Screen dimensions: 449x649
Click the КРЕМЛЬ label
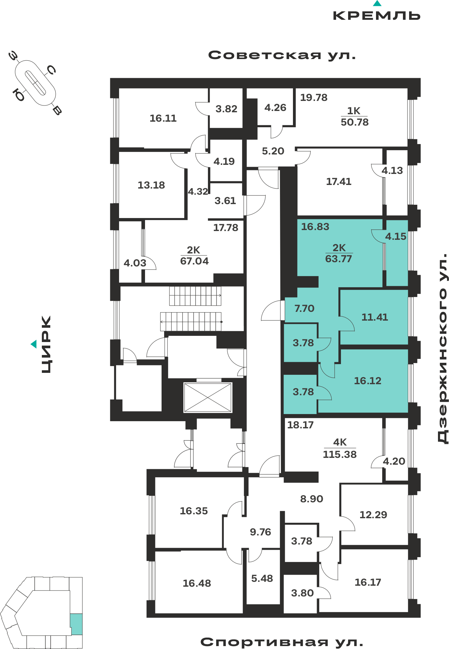[x=377, y=16]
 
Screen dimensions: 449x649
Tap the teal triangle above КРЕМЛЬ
[x=377, y=3]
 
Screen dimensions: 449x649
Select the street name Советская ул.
[x=282, y=55]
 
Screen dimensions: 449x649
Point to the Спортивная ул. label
[x=282, y=642]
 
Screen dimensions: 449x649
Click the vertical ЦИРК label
[x=46, y=344]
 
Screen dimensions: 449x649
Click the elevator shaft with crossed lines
[x=208, y=397]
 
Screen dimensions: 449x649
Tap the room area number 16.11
[x=163, y=118]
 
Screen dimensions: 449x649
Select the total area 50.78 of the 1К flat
[x=355, y=122]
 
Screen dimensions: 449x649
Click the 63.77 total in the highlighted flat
[x=338, y=259]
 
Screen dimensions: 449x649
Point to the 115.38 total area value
[x=340, y=454]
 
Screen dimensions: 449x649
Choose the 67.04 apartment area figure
[x=194, y=261]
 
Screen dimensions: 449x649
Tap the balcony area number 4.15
[x=395, y=237]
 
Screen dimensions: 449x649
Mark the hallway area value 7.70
[x=304, y=308]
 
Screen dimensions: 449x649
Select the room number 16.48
[x=197, y=583]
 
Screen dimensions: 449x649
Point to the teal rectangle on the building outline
[x=77, y=624]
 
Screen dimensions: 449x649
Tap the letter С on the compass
[x=52, y=69]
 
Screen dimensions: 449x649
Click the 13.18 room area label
[x=151, y=185]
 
